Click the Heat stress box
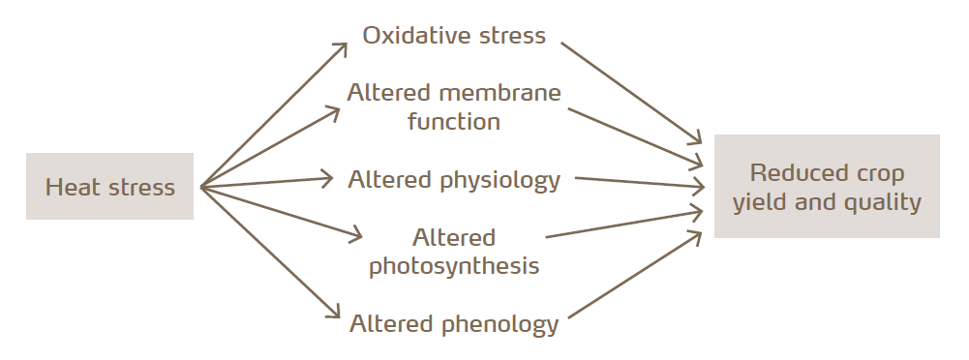click(x=109, y=187)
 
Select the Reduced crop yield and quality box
click(x=827, y=187)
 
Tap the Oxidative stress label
click(x=454, y=36)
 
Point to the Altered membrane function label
click(x=454, y=107)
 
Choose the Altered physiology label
click(x=454, y=179)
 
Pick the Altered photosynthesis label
click(x=454, y=252)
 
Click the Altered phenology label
click(x=454, y=323)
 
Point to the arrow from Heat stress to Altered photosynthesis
click(x=281, y=210)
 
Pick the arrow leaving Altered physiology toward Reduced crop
click(x=639, y=182)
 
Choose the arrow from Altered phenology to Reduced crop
click(x=634, y=275)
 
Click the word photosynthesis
click(x=454, y=265)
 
